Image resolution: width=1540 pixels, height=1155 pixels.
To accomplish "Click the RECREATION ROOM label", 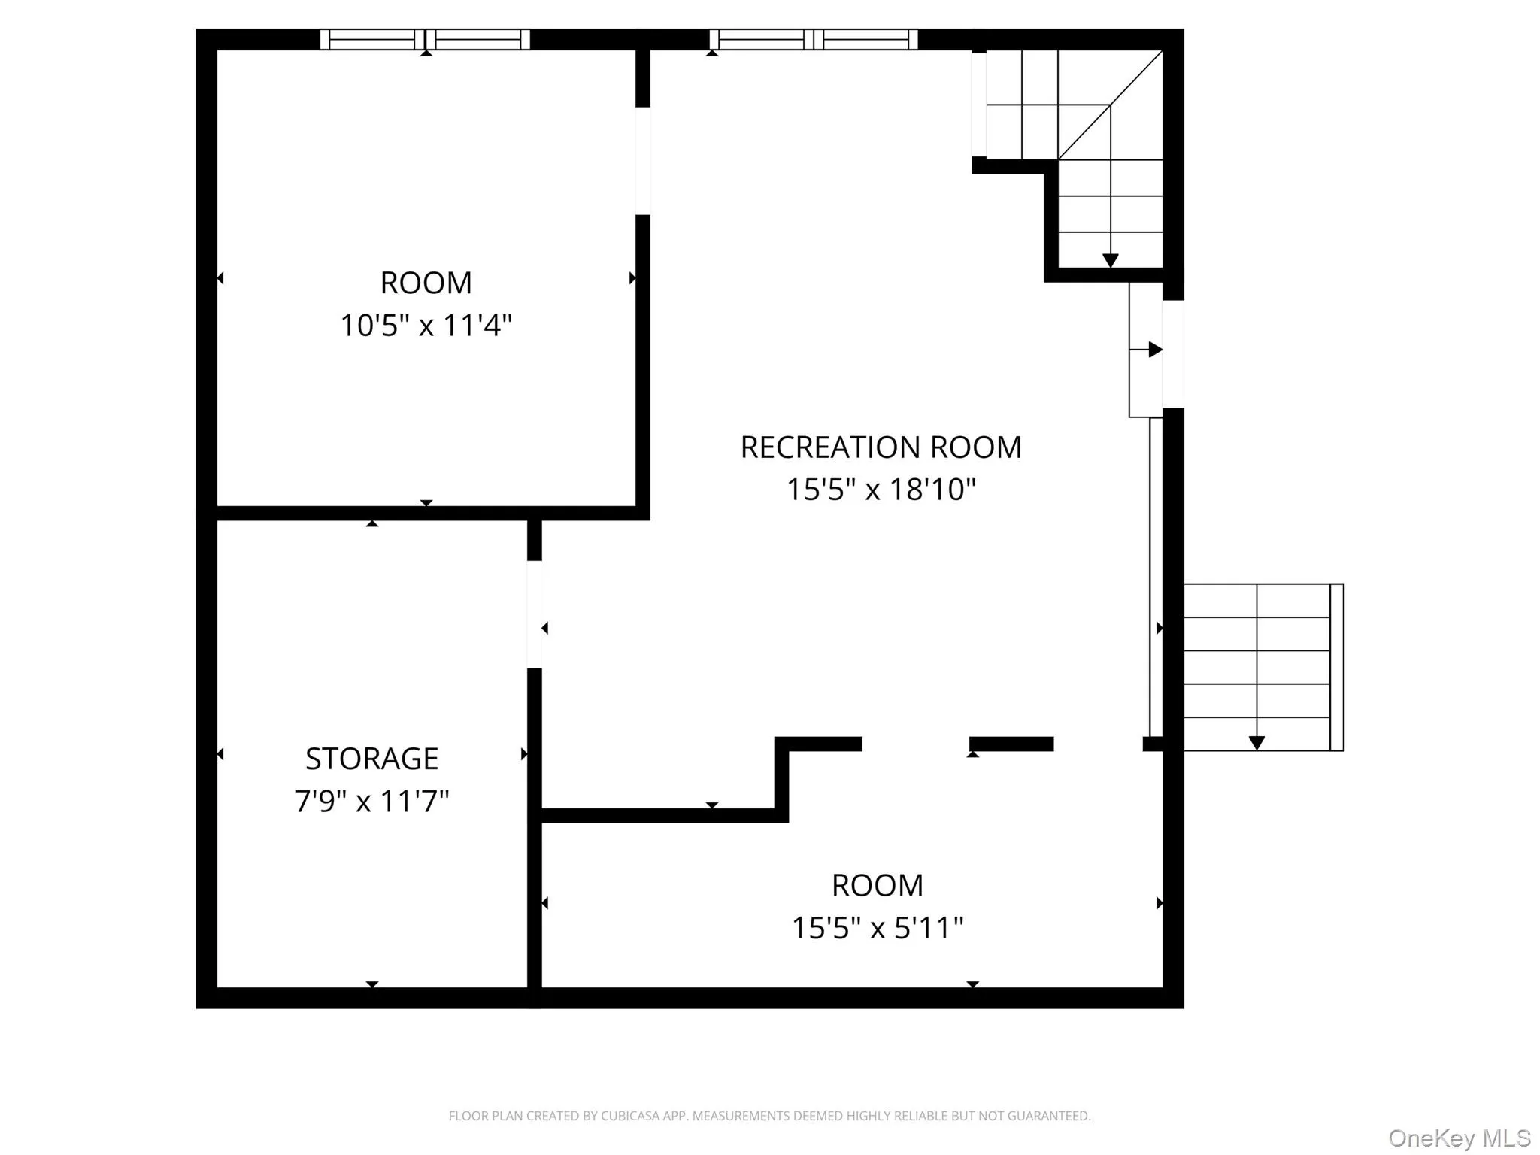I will (881, 447).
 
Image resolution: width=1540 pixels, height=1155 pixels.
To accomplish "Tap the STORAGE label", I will (371, 759).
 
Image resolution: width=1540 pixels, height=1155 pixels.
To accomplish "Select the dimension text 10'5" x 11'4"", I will (426, 326).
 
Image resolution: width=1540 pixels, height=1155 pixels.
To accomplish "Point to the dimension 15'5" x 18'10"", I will (881, 490).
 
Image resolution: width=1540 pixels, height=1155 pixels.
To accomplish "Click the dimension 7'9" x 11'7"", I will (371, 801).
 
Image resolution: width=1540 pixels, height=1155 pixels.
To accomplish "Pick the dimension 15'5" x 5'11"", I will (877, 928).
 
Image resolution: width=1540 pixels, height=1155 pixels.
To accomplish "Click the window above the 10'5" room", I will (425, 39).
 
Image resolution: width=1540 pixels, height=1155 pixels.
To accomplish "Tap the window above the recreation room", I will (813, 39).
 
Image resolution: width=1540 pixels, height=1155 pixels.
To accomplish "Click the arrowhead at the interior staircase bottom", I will (1110, 260).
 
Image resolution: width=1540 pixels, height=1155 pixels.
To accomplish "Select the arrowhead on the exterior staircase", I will (1256, 743).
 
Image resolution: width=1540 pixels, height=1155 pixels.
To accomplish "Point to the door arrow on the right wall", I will (1155, 350).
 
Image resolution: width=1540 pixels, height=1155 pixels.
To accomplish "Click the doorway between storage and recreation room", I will (534, 614).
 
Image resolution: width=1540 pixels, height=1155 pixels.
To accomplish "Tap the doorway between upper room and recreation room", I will (642, 161).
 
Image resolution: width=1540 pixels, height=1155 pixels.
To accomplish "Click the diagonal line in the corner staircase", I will (1110, 105).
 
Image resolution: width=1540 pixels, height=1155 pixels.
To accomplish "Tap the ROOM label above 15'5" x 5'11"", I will (877, 886).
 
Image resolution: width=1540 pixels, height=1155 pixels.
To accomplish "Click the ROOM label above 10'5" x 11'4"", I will (426, 283).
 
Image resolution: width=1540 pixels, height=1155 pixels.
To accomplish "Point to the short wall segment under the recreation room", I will (1011, 744).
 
